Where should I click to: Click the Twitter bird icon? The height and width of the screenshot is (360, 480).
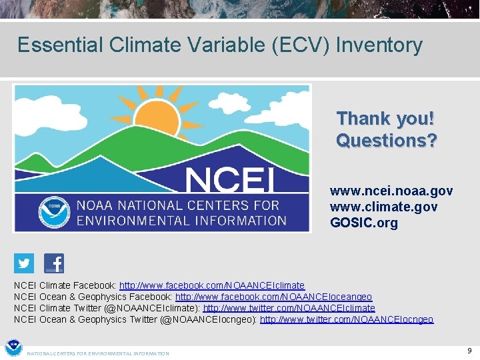(x=24, y=263)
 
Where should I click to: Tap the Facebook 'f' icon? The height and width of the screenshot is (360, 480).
(x=54, y=263)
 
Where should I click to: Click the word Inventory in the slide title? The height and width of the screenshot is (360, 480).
(x=379, y=45)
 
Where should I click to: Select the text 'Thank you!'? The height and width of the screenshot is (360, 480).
(x=385, y=119)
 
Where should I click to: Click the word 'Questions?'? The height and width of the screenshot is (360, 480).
(x=386, y=141)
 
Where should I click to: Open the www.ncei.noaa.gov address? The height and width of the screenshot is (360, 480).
(x=391, y=191)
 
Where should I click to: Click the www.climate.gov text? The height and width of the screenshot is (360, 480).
(x=383, y=207)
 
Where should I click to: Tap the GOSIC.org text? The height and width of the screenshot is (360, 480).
(x=363, y=223)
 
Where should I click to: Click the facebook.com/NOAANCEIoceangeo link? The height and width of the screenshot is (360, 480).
(x=273, y=297)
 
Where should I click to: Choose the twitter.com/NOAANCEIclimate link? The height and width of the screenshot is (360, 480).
(x=289, y=308)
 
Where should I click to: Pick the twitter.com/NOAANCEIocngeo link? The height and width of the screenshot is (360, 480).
(x=346, y=319)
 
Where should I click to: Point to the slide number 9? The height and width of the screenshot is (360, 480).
(x=469, y=350)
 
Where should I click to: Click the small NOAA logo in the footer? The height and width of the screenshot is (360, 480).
(x=13, y=349)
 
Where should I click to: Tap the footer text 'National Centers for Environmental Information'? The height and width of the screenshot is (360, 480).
(x=98, y=353)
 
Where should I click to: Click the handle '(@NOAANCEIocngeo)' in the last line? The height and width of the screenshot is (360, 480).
(x=209, y=319)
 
